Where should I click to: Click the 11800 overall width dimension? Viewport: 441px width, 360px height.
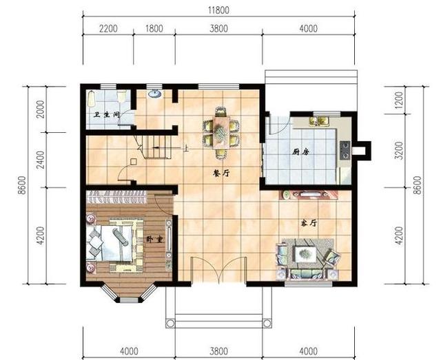(218, 10)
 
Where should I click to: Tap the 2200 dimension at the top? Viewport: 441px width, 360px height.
(108, 28)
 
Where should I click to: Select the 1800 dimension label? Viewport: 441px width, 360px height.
(154, 28)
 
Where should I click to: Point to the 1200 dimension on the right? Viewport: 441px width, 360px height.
(399, 99)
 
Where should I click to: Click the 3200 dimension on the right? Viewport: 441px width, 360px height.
(399, 150)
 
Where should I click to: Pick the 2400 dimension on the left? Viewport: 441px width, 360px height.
(41, 160)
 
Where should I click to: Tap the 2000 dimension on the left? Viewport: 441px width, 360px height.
(41, 109)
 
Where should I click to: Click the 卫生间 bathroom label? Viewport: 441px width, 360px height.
(107, 115)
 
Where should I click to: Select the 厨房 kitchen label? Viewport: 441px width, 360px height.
(300, 152)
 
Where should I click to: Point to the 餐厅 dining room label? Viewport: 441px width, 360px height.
(221, 173)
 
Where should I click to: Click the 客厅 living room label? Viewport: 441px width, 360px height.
(309, 224)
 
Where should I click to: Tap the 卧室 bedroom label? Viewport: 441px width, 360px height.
(154, 240)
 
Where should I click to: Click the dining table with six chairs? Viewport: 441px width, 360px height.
(221, 131)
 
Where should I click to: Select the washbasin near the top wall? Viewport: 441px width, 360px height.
(154, 94)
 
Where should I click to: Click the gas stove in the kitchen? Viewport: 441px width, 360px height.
(345, 150)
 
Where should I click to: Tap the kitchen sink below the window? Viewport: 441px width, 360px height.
(320, 121)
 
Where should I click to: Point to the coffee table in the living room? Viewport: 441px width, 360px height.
(305, 254)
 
